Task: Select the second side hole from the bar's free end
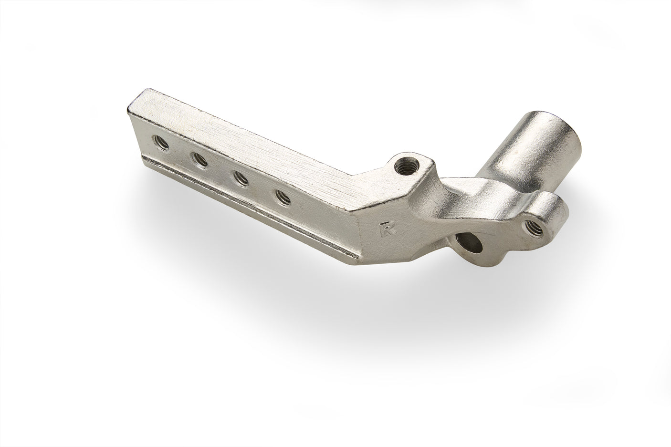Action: pyautogui.click(x=199, y=159)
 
